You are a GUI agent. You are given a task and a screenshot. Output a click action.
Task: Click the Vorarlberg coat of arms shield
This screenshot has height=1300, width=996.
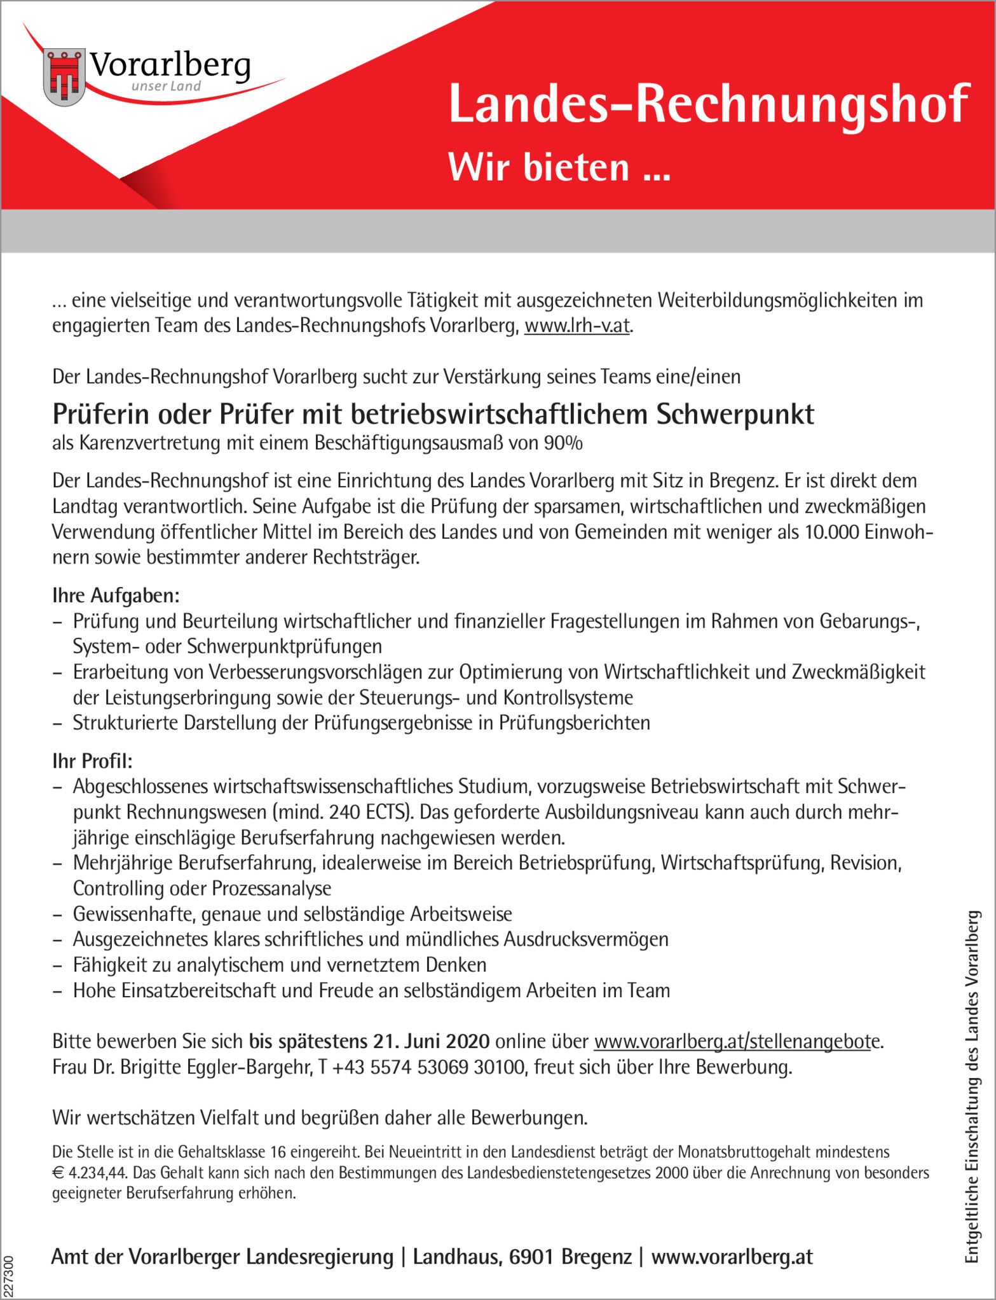[x=64, y=77]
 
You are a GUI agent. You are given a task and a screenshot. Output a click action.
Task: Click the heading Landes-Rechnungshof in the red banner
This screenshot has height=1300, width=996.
[x=708, y=104]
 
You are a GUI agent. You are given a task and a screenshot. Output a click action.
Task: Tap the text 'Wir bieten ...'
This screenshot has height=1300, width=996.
[x=559, y=167]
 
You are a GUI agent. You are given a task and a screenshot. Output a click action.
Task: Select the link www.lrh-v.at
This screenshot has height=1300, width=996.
[x=577, y=326]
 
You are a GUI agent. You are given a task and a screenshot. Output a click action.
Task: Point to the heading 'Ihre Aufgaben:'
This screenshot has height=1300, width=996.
[x=116, y=596]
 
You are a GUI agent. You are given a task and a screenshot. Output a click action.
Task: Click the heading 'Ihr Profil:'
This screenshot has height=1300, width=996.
[x=92, y=761]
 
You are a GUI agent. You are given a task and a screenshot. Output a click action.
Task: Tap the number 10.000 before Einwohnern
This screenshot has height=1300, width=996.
[x=831, y=532]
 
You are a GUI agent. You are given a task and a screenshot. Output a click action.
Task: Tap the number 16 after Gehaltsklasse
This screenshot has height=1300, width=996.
[x=278, y=1152]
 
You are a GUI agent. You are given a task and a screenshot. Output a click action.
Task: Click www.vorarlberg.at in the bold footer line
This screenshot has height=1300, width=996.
[x=732, y=1257]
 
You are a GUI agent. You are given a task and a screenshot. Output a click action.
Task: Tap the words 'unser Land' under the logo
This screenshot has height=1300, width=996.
[x=166, y=86]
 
